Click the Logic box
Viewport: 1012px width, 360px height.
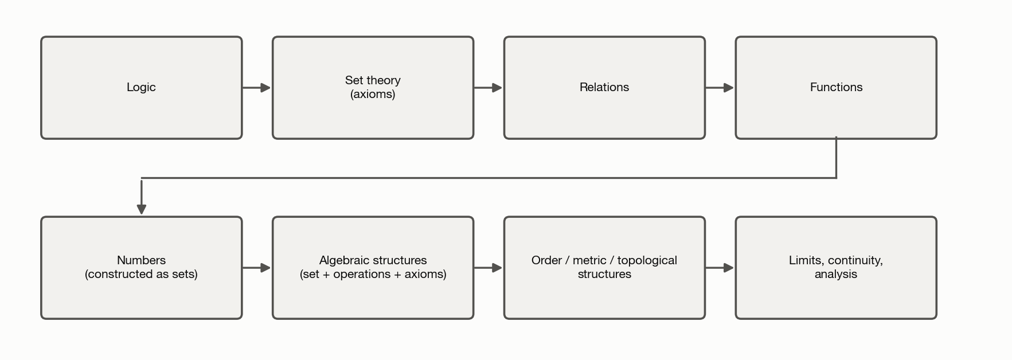(x=142, y=88)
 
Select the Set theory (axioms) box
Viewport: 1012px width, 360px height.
(x=373, y=88)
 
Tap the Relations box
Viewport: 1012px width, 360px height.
(x=604, y=88)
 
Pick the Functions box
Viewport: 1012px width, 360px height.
(x=836, y=88)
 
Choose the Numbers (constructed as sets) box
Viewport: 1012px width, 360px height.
(x=142, y=268)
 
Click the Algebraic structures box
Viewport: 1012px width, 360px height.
(x=373, y=268)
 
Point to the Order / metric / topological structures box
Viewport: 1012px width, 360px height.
(x=604, y=268)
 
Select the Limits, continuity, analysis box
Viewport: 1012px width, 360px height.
(x=836, y=268)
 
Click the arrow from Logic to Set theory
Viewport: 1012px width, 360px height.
(x=257, y=88)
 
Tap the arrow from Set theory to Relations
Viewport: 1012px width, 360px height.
(x=489, y=88)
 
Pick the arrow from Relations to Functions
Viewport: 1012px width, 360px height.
(x=720, y=88)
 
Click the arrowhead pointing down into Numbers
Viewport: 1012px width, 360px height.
(x=142, y=209)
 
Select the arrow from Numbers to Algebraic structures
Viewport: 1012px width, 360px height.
(x=257, y=268)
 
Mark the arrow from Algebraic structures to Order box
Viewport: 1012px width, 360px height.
(x=489, y=268)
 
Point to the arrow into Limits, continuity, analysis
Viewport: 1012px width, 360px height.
(x=720, y=268)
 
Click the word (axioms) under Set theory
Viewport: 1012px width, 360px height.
(x=373, y=95)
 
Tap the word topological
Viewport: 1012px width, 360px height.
(x=647, y=261)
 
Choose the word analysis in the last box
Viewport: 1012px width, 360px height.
(x=836, y=275)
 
